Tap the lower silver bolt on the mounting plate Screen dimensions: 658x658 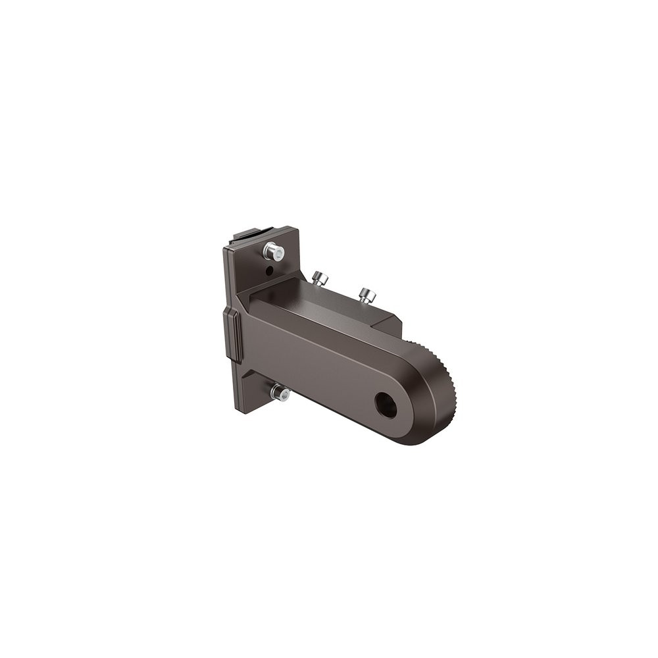pos(279,393)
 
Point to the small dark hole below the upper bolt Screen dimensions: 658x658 pos(268,270)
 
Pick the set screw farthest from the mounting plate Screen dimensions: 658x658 pos(367,295)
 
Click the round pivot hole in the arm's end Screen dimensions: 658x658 pos(386,405)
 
